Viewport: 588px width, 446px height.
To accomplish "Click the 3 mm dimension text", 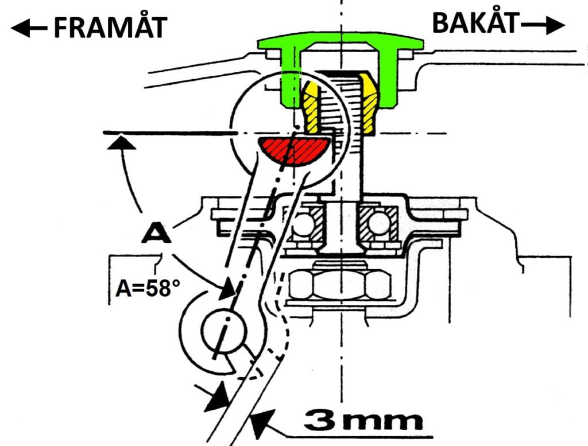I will pos(363,421).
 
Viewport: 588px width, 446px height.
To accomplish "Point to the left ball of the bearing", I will pos(300,222).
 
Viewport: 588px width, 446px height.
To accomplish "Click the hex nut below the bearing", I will pos(338,284).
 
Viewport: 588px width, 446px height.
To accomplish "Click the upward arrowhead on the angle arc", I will pos(121,141).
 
